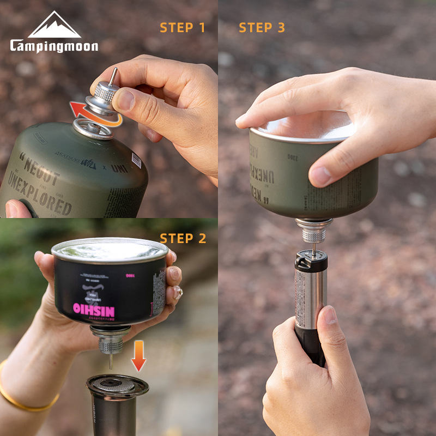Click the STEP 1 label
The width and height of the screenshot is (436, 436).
tap(183, 27)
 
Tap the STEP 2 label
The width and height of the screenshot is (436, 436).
tap(183, 238)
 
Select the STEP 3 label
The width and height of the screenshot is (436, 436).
tap(262, 27)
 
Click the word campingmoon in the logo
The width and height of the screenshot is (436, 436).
tap(54, 46)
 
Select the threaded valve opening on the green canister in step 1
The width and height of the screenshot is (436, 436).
tap(93, 129)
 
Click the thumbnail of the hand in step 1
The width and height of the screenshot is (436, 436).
tap(125, 100)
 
